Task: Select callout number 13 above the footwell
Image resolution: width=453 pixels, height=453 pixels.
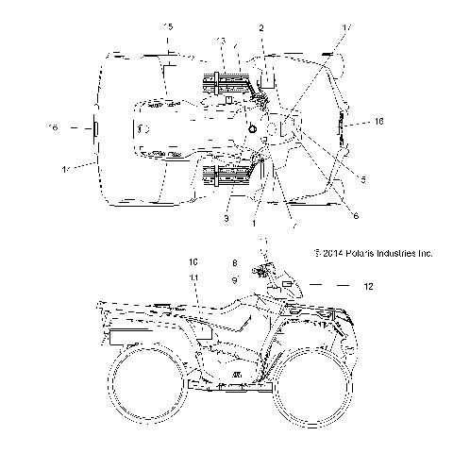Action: tap(222, 42)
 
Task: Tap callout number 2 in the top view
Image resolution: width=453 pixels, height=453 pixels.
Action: tap(261, 28)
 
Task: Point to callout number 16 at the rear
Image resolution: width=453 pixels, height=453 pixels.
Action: tap(53, 126)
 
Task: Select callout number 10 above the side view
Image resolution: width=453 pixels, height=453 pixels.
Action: tap(193, 260)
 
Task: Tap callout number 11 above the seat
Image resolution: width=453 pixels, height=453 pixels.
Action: tap(193, 277)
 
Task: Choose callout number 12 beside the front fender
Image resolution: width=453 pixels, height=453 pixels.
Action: tap(369, 286)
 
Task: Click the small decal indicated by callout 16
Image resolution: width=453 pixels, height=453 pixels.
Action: tap(93, 126)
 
